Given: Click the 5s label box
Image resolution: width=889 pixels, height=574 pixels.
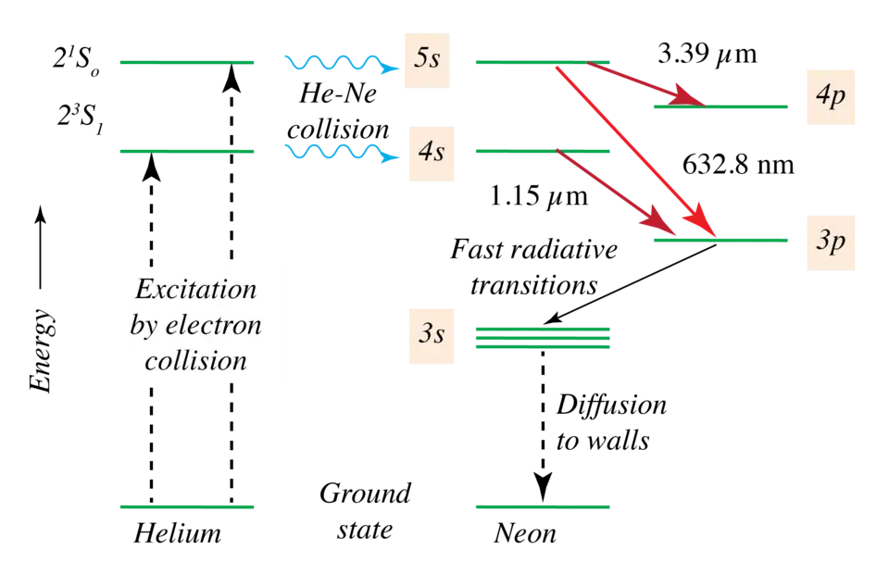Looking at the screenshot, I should coord(426,59).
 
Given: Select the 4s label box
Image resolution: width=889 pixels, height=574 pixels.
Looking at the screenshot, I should coord(432,152).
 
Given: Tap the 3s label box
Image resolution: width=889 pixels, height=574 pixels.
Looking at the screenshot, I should coord(432,333).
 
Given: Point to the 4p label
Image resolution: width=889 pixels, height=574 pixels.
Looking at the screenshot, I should coord(831,96).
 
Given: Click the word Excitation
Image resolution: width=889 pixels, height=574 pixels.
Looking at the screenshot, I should coord(195,290).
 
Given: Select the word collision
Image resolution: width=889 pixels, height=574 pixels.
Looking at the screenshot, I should coord(195,360).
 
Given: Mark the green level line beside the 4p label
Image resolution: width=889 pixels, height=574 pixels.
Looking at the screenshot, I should coord(722,107).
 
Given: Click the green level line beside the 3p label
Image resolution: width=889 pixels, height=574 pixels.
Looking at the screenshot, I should coord(722,241).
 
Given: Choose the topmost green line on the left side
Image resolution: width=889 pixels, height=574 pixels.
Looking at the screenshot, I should coord(188,63).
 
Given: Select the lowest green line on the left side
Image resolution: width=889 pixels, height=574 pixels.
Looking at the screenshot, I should coord(188,506).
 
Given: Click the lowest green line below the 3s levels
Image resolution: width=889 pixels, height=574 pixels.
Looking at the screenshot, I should coord(544,506).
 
